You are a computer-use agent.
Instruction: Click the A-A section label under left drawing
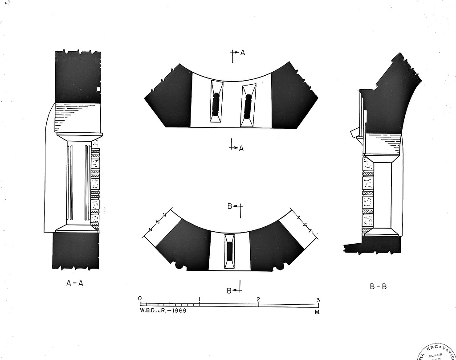74,282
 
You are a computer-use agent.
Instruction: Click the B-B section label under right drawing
378,286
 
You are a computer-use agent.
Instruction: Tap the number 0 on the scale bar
140,298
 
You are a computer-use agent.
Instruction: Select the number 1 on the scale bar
200,299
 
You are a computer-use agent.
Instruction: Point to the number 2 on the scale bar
258,299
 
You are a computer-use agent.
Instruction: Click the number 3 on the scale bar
318,300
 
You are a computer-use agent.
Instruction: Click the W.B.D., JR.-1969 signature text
163,310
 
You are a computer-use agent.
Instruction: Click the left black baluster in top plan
216,103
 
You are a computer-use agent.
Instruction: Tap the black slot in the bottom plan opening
230,251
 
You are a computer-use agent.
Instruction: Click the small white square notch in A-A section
98,89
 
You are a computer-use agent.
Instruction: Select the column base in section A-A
76,228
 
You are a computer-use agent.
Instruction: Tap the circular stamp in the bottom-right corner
438,352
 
